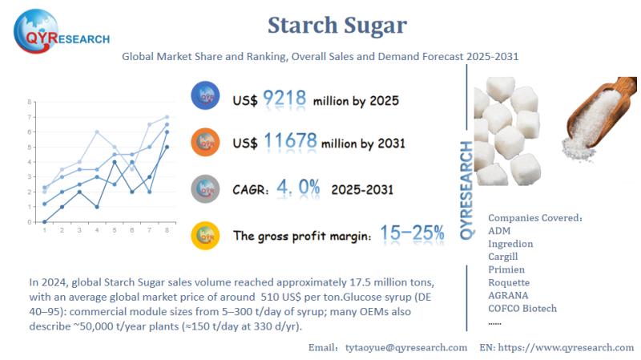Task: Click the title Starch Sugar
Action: point(337,26)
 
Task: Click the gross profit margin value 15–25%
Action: point(412,233)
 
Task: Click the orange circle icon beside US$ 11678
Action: point(206,143)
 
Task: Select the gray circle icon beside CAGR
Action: point(206,189)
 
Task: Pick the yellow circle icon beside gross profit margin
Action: point(206,235)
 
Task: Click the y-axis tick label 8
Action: point(30,103)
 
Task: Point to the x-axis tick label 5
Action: point(115,231)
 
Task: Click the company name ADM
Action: point(500,231)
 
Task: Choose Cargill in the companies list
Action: point(507,257)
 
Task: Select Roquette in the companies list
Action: point(510,282)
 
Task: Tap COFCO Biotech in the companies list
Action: point(522,308)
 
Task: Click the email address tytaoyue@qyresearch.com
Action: point(406,347)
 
